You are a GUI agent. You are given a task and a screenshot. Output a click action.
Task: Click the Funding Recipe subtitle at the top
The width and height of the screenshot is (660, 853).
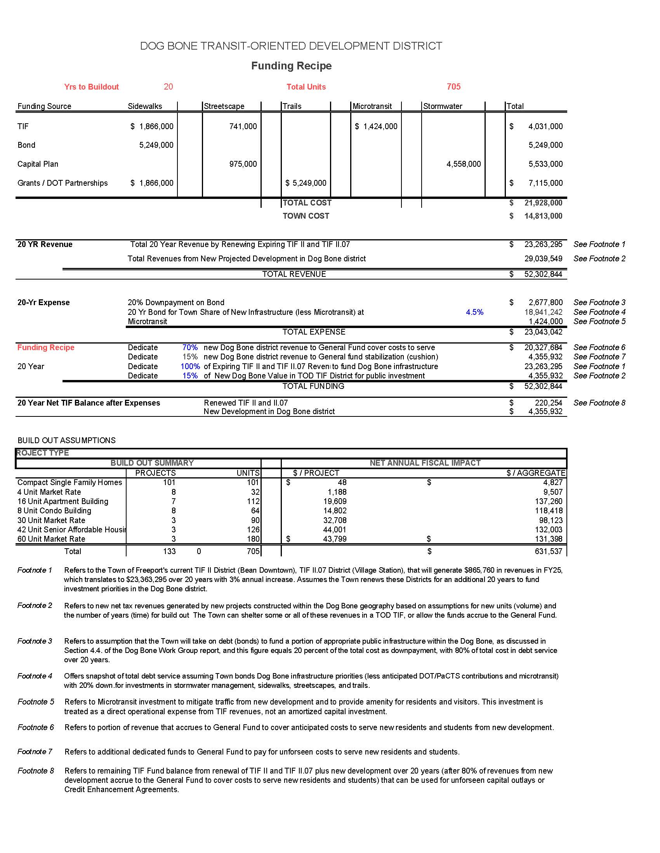pyautogui.click(x=291, y=66)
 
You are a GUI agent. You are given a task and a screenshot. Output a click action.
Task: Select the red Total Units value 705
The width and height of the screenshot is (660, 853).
pyautogui.click(x=453, y=87)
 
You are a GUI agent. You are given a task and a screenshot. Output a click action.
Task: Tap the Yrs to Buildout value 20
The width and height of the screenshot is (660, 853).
pyautogui.click(x=168, y=87)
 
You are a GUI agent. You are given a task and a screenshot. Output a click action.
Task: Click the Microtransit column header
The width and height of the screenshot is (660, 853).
pyautogui.click(x=372, y=106)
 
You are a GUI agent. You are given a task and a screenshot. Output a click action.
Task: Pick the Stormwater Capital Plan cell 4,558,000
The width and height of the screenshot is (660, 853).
pyautogui.click(x=464, y=164)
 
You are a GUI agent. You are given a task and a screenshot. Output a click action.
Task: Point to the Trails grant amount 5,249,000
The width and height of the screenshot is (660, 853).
pyautogui.click(x=306, y=183)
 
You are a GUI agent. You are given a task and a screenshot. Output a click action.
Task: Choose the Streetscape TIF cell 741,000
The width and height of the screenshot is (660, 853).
pyautogui.click(x=243, y=126)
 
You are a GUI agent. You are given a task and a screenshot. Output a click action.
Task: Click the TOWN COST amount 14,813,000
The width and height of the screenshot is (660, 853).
pyautogui.click(x=543, y=216)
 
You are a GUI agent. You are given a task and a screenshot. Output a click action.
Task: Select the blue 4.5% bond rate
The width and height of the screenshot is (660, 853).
pyautogui.click(x=474, y=312)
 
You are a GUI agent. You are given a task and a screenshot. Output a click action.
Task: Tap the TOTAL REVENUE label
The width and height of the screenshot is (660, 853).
pyautogui.click(x=294, y=274)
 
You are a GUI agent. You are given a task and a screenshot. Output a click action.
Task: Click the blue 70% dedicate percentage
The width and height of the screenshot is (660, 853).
pyautogui.click(x=190, y=347)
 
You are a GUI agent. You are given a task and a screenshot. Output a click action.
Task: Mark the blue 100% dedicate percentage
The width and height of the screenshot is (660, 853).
pyautogui.click(x=190, y=366)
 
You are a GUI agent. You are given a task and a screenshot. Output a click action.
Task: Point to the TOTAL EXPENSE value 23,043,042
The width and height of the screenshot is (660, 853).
pyautogui.click(x=543, y=332)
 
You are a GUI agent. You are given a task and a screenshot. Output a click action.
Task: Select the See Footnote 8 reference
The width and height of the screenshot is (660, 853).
pyautogui.click(x=599, y=403)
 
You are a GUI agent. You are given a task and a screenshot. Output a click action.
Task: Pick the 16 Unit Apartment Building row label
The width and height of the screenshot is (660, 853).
pyautogui.click(x=63, y=501)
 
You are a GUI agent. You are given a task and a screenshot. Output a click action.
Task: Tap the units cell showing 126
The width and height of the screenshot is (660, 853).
pyautogui.click(x=254, y=530)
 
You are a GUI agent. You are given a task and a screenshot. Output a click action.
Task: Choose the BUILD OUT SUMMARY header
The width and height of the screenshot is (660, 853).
pyautogui.click(x=152, y=463)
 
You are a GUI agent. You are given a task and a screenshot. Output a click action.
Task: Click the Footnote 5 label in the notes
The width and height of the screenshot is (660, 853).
pyautogui.click(x=36, y=702)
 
